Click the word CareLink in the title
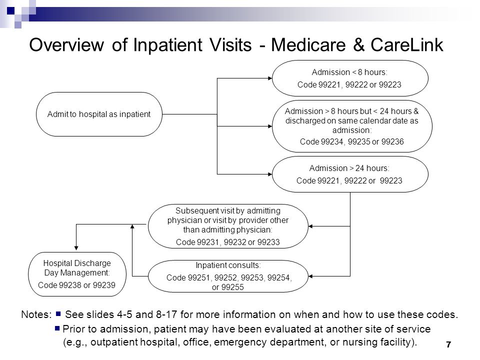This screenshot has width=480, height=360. (x=407, y=45)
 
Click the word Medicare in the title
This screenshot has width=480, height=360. (x=308, y=45)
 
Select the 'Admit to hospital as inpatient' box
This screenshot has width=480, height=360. (x=99, y=114)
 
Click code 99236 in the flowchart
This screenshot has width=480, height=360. (x=393, y=141)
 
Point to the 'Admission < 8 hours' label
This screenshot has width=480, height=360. (x=349, y=72)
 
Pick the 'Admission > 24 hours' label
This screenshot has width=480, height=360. (x=349, y=168)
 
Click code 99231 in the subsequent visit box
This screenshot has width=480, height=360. (x=208, y=242)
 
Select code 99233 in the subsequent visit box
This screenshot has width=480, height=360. (x=268, y=242)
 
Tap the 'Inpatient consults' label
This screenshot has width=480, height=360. (x=228, y=265)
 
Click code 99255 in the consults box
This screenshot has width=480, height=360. (x=232, y=287)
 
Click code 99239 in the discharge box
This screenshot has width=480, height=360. (x=104, y=285)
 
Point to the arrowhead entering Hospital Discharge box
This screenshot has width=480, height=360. (x=76, y=248)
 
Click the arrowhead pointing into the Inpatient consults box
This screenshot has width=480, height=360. (x=310, y=276)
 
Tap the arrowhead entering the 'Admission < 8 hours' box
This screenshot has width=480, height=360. (x=270, y=78)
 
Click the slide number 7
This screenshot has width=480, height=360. (x=448, y=344)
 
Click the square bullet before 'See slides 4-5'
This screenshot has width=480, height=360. (x=58, y=314)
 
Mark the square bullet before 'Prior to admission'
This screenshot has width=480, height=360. (x=57, y=328)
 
